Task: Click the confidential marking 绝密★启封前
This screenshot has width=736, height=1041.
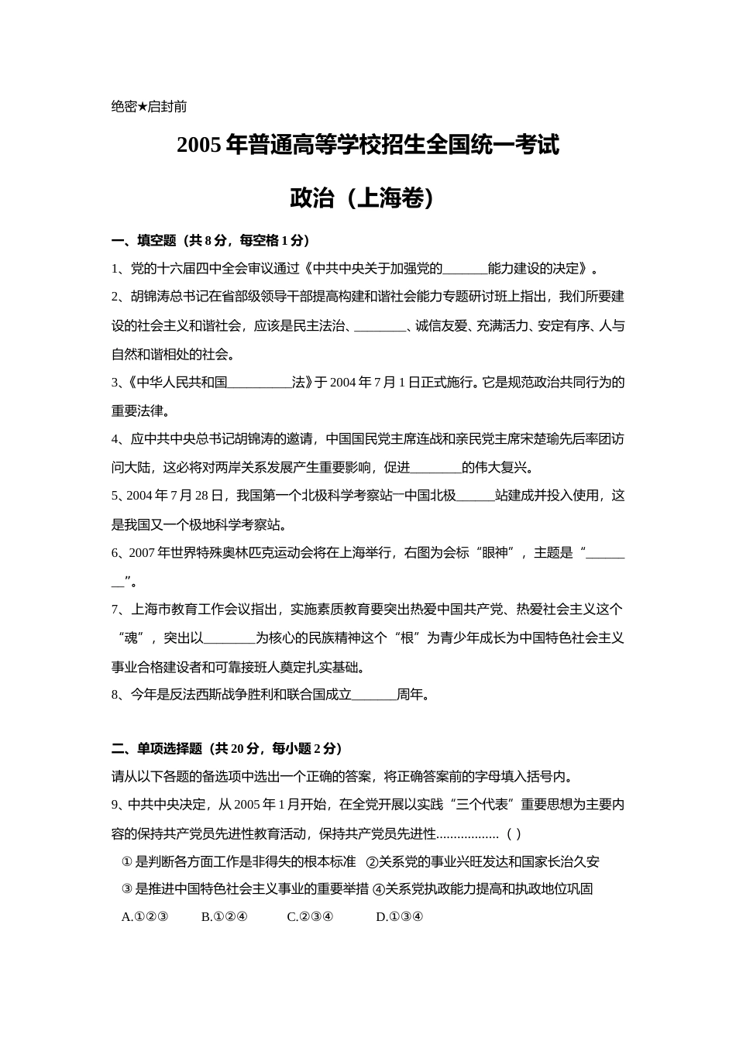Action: (x=149, y=107)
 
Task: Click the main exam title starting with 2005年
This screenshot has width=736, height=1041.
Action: (x=368, y=145)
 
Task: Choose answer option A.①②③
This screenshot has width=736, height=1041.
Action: (x=145, y=917)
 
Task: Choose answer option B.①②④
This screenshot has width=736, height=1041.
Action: (x=224, y=917)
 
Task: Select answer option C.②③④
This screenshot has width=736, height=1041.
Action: (x=310, y=917)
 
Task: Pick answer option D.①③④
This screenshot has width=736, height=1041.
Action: (x=399, y=917)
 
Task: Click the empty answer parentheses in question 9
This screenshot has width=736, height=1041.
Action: (x=513, y=834)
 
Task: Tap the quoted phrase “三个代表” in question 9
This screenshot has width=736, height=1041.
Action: (x=483, y=805)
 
